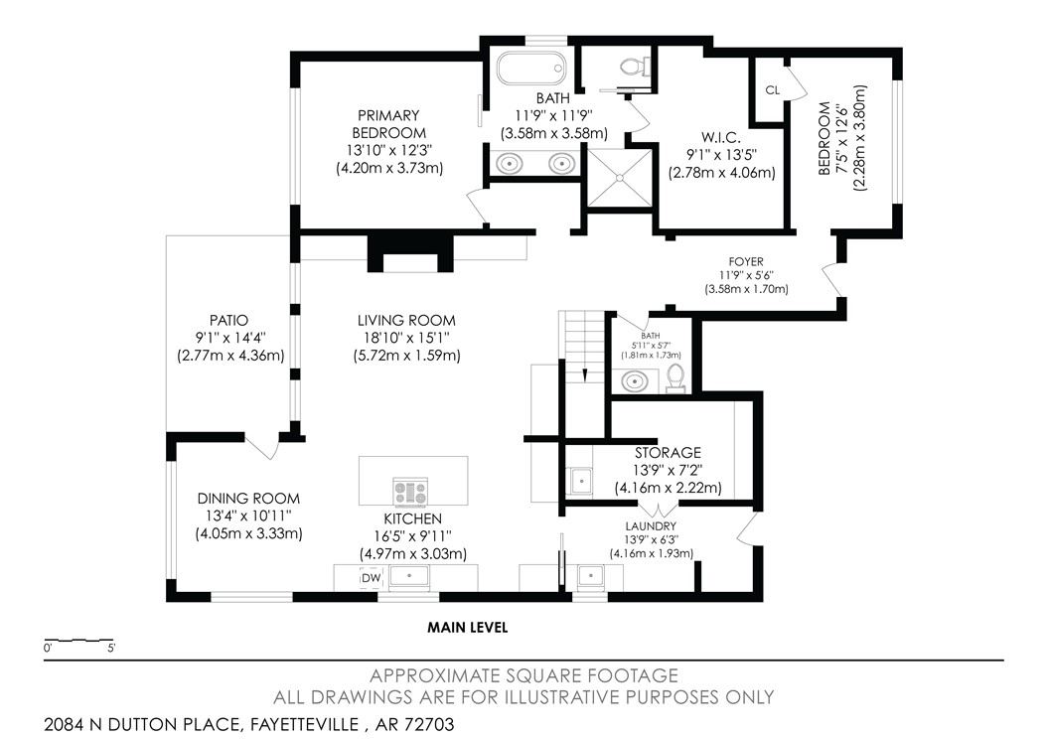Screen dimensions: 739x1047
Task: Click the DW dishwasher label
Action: [x=371, y=578]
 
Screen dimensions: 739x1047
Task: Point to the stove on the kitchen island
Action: [x=410, y=491]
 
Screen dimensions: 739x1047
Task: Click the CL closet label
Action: [x=772, y=89]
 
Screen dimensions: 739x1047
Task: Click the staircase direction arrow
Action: [x=585, y=374]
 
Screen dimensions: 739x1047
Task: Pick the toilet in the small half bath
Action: [x=674, y=376]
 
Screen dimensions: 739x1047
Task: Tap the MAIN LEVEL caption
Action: [x=468, y=627]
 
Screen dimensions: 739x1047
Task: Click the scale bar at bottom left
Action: [x=79, y=640]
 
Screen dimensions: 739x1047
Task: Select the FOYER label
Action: [x=745, y=261]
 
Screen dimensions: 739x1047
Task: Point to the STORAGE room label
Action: [x=668, y=453]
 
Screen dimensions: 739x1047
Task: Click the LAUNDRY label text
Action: [x=651, y=525]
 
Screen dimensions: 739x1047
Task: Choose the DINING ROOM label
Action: [x=247, y=499]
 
